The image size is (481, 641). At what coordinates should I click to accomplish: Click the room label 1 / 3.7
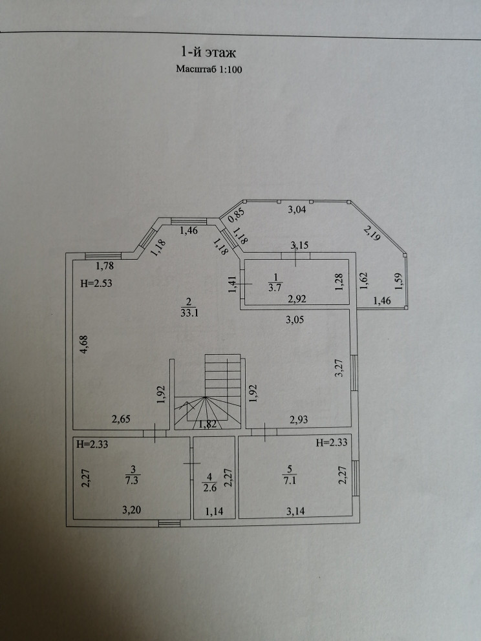click(x=272, y=284)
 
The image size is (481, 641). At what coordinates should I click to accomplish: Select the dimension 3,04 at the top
click(x=297, y=209)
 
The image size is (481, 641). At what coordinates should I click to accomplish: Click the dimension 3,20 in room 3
click(x=133, y=510)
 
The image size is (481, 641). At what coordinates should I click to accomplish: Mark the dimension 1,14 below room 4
click(x=214, y=512)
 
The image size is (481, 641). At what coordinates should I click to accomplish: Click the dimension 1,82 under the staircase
click(x=208, y=425)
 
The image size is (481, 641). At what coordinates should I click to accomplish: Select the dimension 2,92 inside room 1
click(x=297, y=299)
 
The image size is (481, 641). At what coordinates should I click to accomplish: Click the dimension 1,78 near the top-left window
click(x=105, y=265)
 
